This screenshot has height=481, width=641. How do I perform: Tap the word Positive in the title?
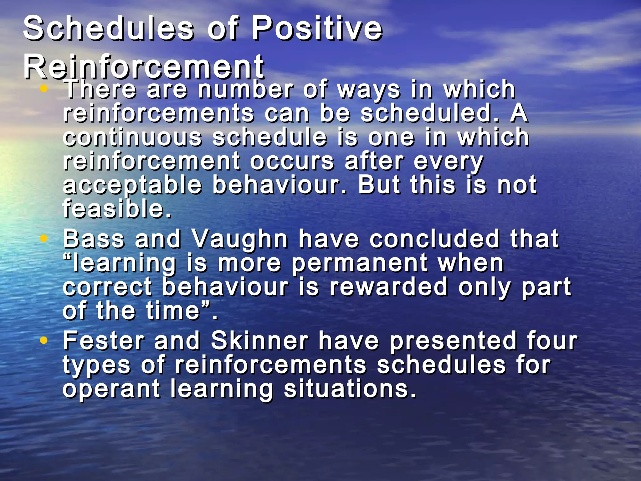[x=317, y=29]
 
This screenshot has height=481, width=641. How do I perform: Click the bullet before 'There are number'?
[x=44, y=89]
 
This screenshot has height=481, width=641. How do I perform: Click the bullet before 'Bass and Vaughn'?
[x=44, y=239]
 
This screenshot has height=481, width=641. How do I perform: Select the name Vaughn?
[x=239, y=239]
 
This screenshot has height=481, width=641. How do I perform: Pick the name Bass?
[x=94, y=239]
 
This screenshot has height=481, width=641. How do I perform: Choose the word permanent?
[x=360, y=264]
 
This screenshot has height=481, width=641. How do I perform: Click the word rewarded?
[x=388, y=287]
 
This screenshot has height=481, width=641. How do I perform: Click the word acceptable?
[x=132, y=185]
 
